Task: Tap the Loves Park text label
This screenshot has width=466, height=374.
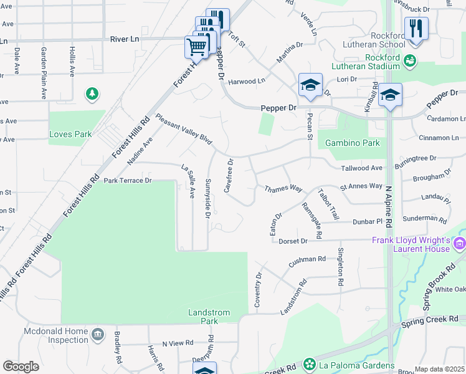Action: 70,134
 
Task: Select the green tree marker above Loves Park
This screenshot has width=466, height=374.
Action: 92,93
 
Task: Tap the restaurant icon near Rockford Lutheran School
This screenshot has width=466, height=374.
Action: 415,29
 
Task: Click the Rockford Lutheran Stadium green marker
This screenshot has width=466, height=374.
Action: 409,60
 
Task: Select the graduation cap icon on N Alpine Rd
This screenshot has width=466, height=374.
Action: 390,95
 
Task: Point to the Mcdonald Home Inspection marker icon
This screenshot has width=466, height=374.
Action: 97,335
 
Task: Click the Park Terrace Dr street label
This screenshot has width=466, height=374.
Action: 128,181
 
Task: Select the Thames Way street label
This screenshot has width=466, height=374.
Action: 283,188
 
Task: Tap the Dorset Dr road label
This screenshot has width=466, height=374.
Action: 293,241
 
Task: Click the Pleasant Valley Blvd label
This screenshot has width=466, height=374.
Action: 184,129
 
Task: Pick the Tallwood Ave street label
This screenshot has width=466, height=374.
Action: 361,168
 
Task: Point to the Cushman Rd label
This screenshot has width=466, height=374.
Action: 308,261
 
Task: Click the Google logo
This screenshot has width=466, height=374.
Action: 21,367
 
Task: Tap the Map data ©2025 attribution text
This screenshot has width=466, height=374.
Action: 439,369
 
